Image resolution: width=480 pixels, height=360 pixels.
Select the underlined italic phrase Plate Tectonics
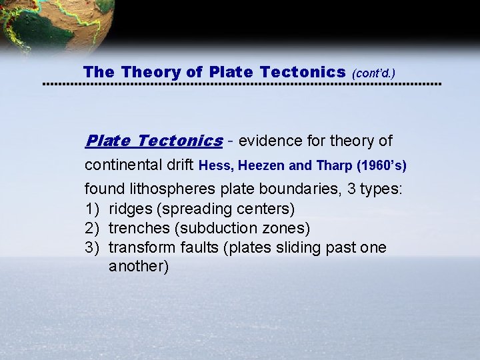154,141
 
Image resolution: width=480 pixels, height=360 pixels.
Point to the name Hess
215,165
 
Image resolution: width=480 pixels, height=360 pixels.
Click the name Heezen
259,165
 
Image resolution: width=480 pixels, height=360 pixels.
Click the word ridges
130,209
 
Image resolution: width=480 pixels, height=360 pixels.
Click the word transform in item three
142,247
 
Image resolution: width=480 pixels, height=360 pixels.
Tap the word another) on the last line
139,266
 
